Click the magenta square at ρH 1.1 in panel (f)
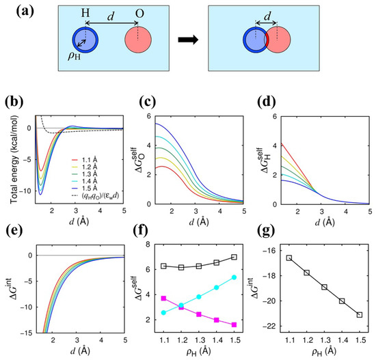pyautogui.click(x=162, y=299)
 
